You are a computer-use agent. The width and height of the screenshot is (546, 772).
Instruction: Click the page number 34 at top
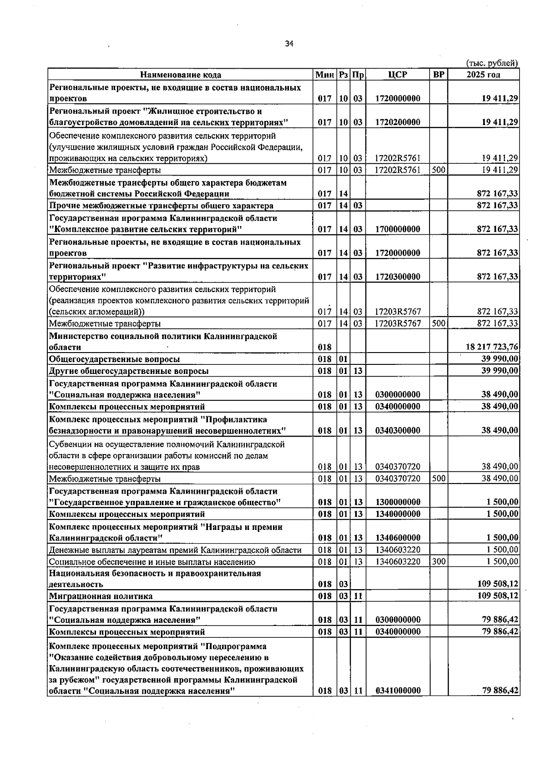pos(289,44)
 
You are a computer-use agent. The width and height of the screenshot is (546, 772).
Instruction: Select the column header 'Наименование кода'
pos(181,75)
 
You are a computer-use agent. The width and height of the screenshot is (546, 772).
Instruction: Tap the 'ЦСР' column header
pos(398,75)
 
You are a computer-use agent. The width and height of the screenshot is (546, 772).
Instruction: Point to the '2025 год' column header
pos(483,75)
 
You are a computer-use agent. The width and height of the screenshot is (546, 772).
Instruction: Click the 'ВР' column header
pos(439,75)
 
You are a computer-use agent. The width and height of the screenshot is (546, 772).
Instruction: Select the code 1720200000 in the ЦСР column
pos(398,122)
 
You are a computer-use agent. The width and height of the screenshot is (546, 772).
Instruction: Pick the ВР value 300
pos(439,562)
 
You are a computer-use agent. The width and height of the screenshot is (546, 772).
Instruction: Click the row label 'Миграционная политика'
pos(101,596)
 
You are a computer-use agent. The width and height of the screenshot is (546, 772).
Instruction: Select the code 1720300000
pos(398,277)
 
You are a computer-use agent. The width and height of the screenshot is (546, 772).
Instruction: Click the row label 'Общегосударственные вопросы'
pos(114,359)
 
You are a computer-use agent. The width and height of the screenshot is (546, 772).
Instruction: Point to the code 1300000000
pos(398,502)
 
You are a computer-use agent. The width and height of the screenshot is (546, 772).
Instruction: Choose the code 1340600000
pos(398,538)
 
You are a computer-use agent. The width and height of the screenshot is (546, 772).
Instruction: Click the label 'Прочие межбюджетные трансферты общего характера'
pos(161,206)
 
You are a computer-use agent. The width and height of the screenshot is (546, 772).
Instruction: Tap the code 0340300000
pos(398,430)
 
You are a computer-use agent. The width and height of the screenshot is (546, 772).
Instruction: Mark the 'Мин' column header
pos(324,75)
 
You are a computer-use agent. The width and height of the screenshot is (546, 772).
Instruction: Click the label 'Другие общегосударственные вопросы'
pos(129,371)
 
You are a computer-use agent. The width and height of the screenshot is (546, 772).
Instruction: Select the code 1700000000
pos(398,229)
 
